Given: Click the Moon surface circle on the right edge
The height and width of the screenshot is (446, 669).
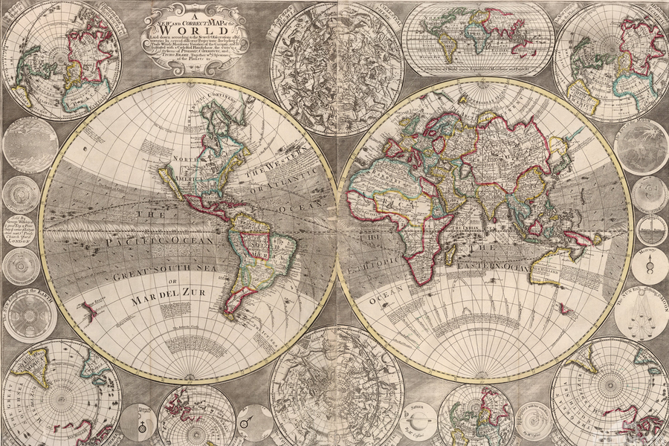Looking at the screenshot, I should click(641, 146).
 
